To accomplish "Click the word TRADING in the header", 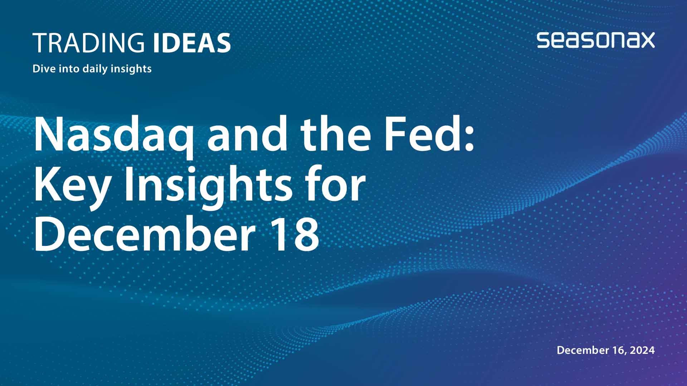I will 88,43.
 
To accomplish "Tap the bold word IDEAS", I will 192,43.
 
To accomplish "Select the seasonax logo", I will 595,40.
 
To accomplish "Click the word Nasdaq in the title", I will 114,135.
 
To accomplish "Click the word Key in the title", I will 72,186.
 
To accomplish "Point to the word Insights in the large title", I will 208,186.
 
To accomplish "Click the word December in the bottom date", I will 583,350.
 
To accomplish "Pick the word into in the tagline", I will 69,68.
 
